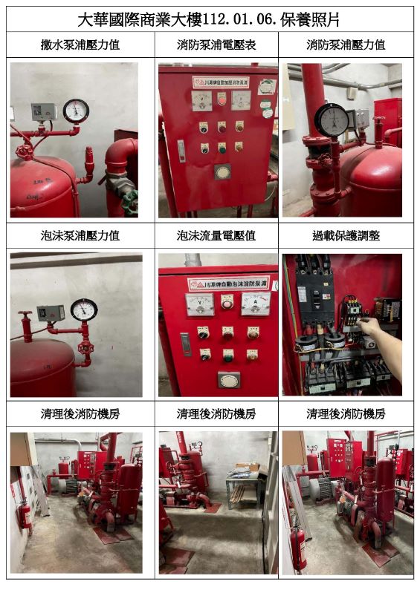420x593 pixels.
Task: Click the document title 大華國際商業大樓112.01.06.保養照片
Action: pos(210,19)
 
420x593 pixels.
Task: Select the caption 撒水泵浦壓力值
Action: pos(80,45)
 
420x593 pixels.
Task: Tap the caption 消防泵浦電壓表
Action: pos(216,45)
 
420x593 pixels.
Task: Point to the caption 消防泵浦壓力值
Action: pos(346,45)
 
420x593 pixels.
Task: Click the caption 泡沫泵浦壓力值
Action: pos(80,236)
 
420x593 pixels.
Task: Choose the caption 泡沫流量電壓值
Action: pos(216,236)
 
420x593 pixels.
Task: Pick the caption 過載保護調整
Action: pos(346,236)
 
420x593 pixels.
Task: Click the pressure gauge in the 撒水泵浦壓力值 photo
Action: pos(76,111)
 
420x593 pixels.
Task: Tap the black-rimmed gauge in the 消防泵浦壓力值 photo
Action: pos(331,119)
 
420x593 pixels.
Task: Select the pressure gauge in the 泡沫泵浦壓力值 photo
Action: pos(84,309)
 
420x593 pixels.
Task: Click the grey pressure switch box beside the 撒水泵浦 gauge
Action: pos(43,112)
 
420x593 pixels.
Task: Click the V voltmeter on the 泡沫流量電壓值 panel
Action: pos(198,304)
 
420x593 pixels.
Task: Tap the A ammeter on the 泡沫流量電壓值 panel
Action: pos(255,304)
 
